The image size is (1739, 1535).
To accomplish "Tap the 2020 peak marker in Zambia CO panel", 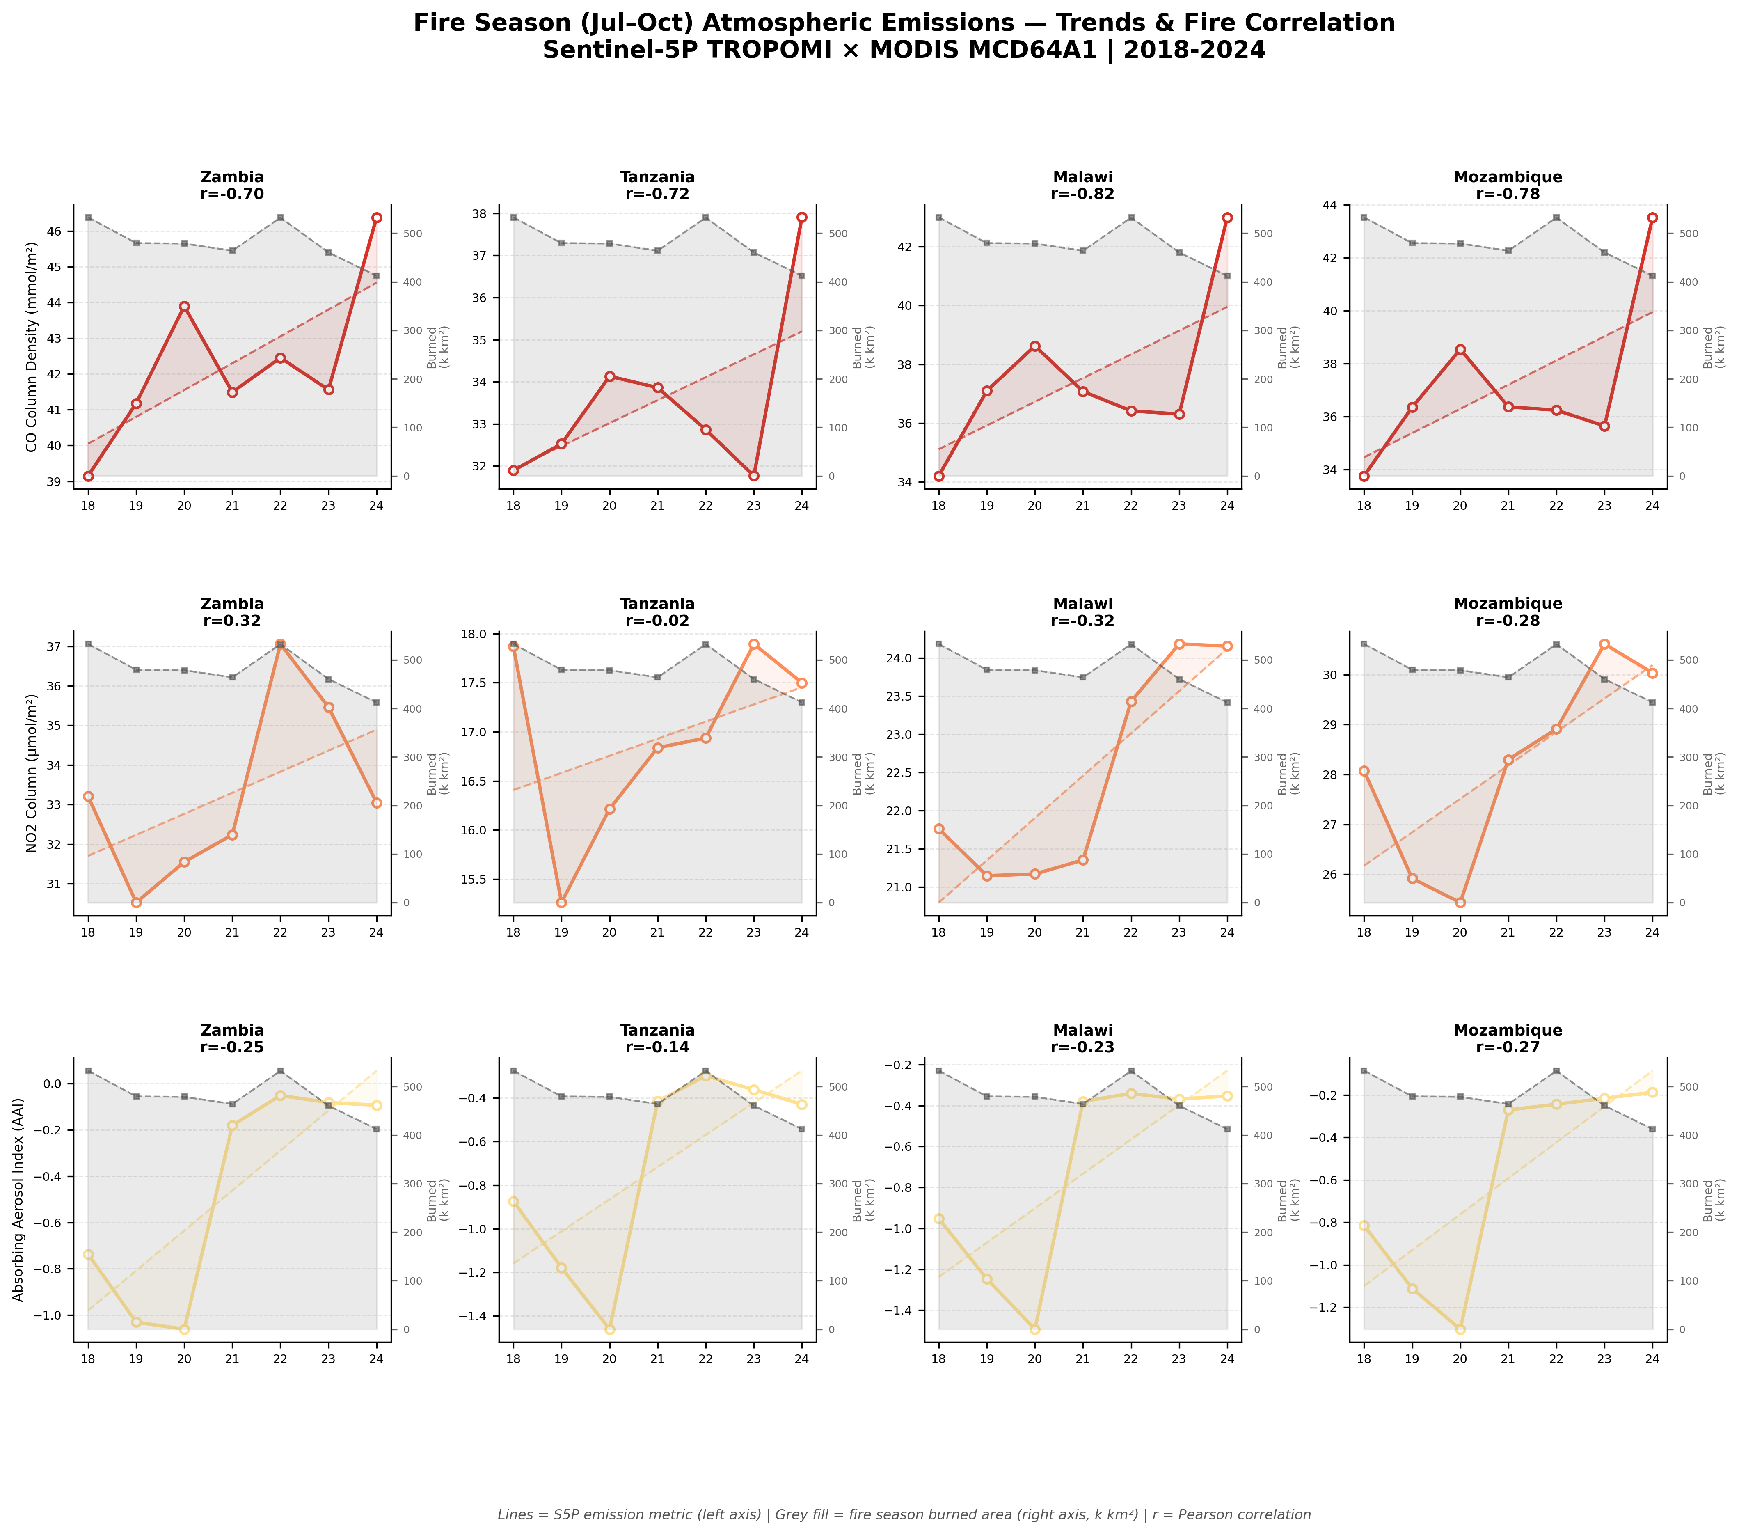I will coord(184,306).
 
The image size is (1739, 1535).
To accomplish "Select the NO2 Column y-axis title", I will coord(32,772).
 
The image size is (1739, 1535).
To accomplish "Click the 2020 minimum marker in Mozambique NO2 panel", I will coord(1460,903).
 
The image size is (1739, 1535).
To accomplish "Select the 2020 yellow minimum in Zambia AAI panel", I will coord(184,1329).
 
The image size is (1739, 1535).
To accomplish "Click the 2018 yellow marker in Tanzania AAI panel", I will coord(513,1201).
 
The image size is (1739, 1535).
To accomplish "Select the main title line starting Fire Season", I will coord(904,23).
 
